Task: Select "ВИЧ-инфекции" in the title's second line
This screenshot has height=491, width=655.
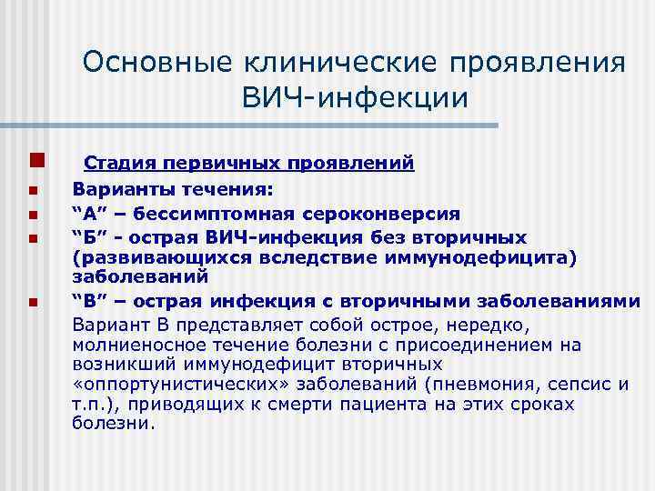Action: click(x=355, y=97)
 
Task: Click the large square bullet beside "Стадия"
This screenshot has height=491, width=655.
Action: click(x=33, y=162)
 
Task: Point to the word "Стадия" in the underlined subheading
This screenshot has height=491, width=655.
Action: click(x=116, y=164)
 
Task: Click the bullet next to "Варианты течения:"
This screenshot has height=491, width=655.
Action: click(x=32, y=192)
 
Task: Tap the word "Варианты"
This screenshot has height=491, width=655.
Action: click(x=116, y=191)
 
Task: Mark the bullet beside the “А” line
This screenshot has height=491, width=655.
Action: click(x=32, y=215)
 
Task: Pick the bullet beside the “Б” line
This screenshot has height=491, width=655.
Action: click(x=32, y=239)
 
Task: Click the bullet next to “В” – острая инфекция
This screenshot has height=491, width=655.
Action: click(x=32, y=302)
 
